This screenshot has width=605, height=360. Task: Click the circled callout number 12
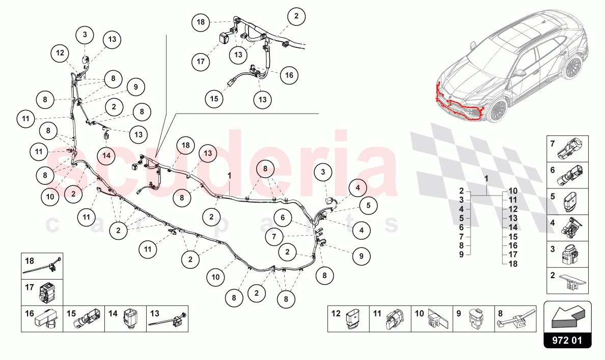click(60, 52)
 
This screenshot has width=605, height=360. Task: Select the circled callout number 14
click(106, 155)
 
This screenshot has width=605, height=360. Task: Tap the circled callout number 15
click(215, 98)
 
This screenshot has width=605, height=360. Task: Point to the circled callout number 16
click(289, 75)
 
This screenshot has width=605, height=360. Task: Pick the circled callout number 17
click(201, 62)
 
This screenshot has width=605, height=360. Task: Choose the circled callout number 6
click(283, 217)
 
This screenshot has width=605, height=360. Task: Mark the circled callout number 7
click(274, 237)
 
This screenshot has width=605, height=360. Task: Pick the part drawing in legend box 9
click(476, 318)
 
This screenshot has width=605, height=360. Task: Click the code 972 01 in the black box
click(568, 340)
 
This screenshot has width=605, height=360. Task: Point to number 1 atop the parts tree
click(486, 179)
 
